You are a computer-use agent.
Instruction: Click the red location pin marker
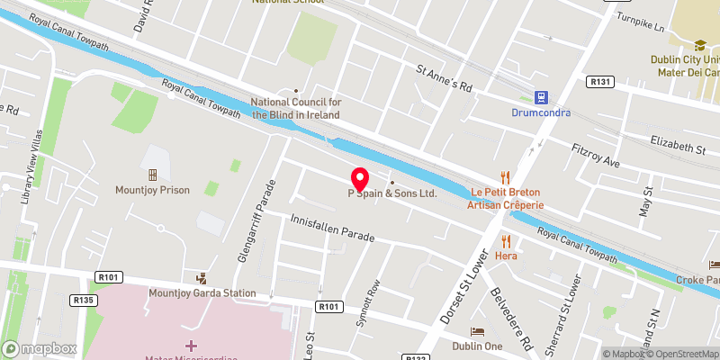[359, 177]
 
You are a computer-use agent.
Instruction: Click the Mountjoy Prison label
[152, 190]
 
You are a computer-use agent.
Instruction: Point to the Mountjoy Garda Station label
[202, 293]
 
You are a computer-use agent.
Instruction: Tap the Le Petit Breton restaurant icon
[505, 178]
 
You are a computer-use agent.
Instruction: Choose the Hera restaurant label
[506, 256]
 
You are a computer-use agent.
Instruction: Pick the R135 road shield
[84, 300]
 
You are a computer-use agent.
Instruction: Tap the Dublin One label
[477, 346]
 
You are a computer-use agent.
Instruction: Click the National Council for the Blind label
[295, 108]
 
